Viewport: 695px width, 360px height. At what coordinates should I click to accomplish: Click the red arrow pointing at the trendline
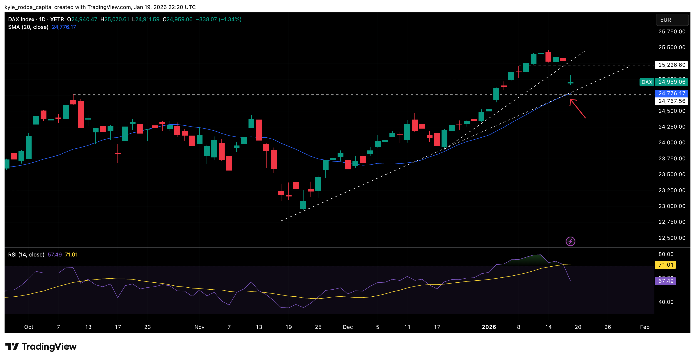pos(577,108)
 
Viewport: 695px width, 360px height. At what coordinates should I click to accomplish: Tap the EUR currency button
pos(672,20)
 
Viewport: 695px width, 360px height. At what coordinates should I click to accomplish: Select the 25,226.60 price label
pos(672,65)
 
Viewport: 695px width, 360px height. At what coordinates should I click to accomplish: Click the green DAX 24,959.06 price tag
pos(664,82)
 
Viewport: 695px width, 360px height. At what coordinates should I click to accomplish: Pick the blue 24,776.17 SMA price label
pos(672,93)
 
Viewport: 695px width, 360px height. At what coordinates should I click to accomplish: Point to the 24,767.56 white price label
pos(672,101)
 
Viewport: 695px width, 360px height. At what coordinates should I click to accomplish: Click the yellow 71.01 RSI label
pos(665,265)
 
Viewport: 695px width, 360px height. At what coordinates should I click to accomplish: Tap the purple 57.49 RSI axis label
pos(665,281)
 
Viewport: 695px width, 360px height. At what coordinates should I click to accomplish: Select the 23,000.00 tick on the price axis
pos(672,206)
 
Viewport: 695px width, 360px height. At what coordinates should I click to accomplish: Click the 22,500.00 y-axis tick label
pos(672,238)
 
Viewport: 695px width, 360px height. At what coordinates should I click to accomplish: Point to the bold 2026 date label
pos(489,327)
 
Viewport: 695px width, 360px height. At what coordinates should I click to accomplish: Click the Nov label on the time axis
pos(199,327)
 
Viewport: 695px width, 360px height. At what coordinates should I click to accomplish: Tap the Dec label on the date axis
pos(347,327)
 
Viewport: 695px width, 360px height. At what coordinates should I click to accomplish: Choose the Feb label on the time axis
pos(644,327)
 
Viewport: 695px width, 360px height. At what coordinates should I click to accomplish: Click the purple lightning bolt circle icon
pos(570,241)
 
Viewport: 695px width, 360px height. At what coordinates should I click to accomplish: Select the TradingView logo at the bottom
pos(41,346)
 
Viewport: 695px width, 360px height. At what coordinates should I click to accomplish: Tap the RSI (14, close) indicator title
pos(26,254)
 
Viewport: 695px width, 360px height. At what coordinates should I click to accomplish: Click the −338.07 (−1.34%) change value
pos(218,19)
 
